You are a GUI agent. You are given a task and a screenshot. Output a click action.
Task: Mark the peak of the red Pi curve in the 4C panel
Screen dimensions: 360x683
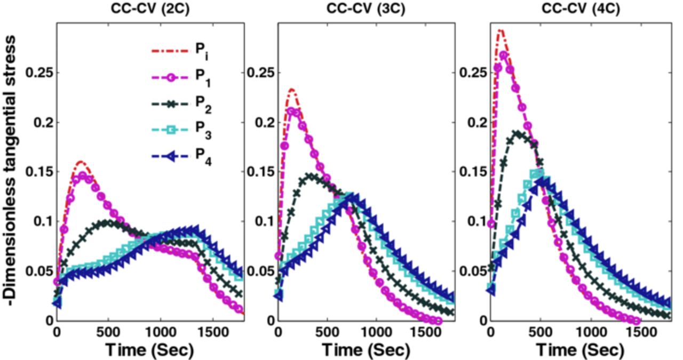tap(500, 30)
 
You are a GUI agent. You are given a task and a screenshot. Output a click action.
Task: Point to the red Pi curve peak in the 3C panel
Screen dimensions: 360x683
tap(291, 90)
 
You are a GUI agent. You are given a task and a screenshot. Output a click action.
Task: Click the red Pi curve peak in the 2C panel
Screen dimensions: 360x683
tap(81, 161)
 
